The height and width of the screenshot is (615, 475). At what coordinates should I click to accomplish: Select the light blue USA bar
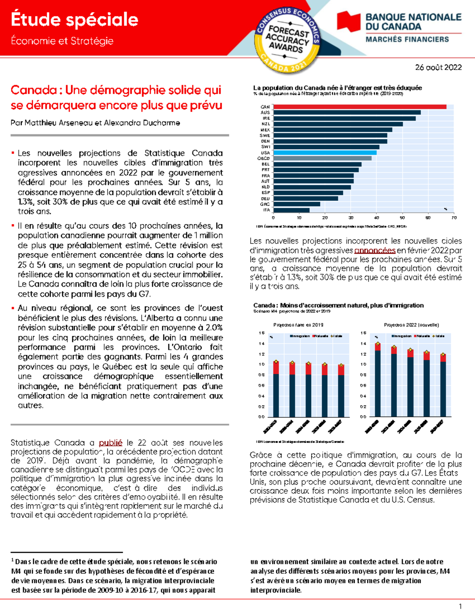[325, 152]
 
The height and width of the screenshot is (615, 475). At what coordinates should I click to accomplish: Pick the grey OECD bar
[322, 158]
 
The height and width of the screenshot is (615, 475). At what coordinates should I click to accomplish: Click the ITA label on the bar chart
[266, 210]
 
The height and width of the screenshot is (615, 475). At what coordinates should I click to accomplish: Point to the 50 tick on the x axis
[402, 218]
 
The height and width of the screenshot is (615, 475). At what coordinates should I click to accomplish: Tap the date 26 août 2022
[438, 67]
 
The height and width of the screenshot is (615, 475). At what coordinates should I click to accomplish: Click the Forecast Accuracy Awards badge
[288, 40]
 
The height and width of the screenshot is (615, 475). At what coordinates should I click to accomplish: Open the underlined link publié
[110, 443]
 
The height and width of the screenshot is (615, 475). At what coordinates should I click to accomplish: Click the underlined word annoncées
[374, 251]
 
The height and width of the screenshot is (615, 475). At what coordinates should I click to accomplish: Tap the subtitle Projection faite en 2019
[298, 325]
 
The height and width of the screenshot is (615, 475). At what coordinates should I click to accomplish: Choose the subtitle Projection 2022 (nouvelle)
[411, 325]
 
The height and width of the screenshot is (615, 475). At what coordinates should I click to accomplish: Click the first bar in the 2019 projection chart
[276, 390]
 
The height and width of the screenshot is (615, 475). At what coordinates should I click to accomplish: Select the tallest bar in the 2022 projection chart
[378, 382]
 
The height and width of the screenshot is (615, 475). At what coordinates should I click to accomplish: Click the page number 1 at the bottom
[460, 606]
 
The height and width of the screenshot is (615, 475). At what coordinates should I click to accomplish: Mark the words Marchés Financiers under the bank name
[407, 39]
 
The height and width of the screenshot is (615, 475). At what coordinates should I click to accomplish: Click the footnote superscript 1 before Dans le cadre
[13, 560]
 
